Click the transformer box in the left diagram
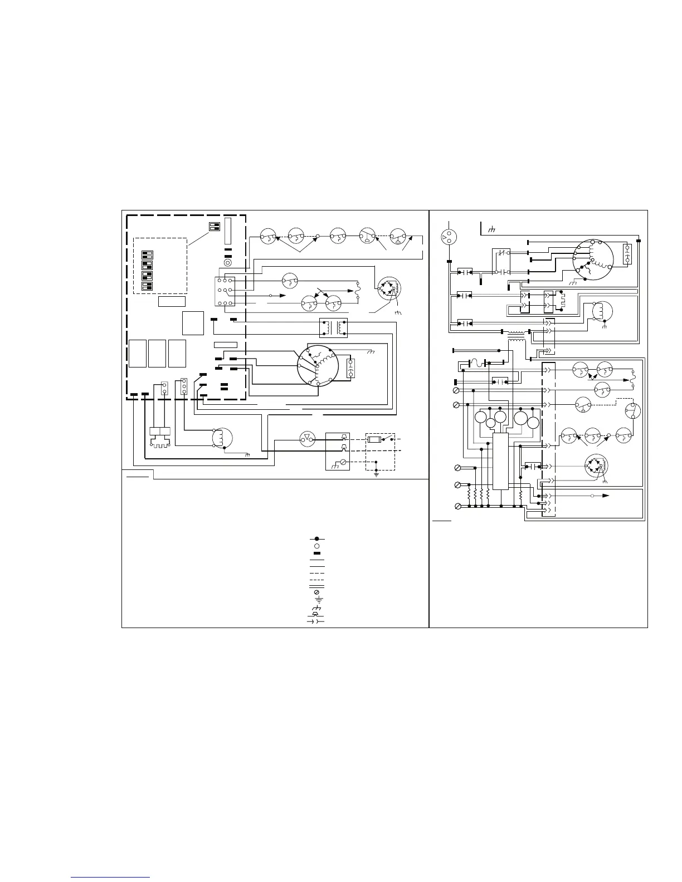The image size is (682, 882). tap(333, 327)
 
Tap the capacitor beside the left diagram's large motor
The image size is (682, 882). tap(351, 368)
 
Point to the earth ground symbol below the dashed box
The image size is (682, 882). tap(377, 474)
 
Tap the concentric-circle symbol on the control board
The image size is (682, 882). tap(227, 262)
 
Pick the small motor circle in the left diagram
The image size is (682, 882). tap(220, 438)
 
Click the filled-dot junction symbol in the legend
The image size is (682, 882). tap(316, 539)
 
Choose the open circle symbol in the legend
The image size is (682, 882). tap(316, 546)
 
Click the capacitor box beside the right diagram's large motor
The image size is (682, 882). tap(627, 254)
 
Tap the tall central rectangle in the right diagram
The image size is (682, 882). tap(501, 462)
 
